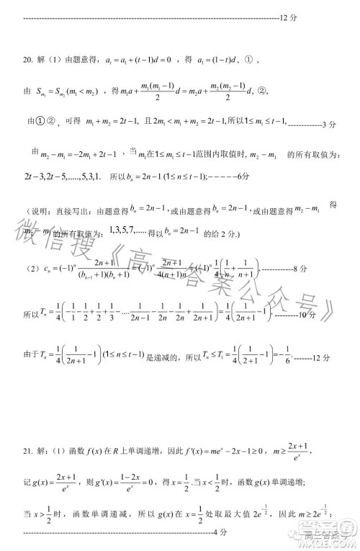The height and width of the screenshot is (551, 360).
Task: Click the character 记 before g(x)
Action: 27,480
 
